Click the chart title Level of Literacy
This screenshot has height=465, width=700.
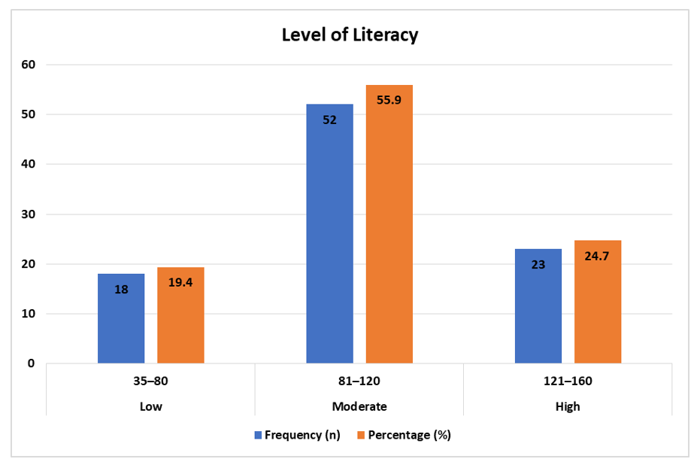350,35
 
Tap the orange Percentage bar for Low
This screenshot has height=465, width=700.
180,315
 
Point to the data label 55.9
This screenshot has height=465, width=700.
389,99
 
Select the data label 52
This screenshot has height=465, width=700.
329,119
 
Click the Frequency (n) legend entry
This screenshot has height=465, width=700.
297,435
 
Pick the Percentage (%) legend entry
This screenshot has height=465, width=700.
403,435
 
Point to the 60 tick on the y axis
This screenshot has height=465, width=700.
29,65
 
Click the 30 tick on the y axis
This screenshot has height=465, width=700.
29,214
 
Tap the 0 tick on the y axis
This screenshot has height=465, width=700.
32,363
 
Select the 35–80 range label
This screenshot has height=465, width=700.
150,381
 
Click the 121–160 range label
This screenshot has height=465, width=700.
568,381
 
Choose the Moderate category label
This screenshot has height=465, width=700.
359,406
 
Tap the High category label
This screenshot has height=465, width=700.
568,406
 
